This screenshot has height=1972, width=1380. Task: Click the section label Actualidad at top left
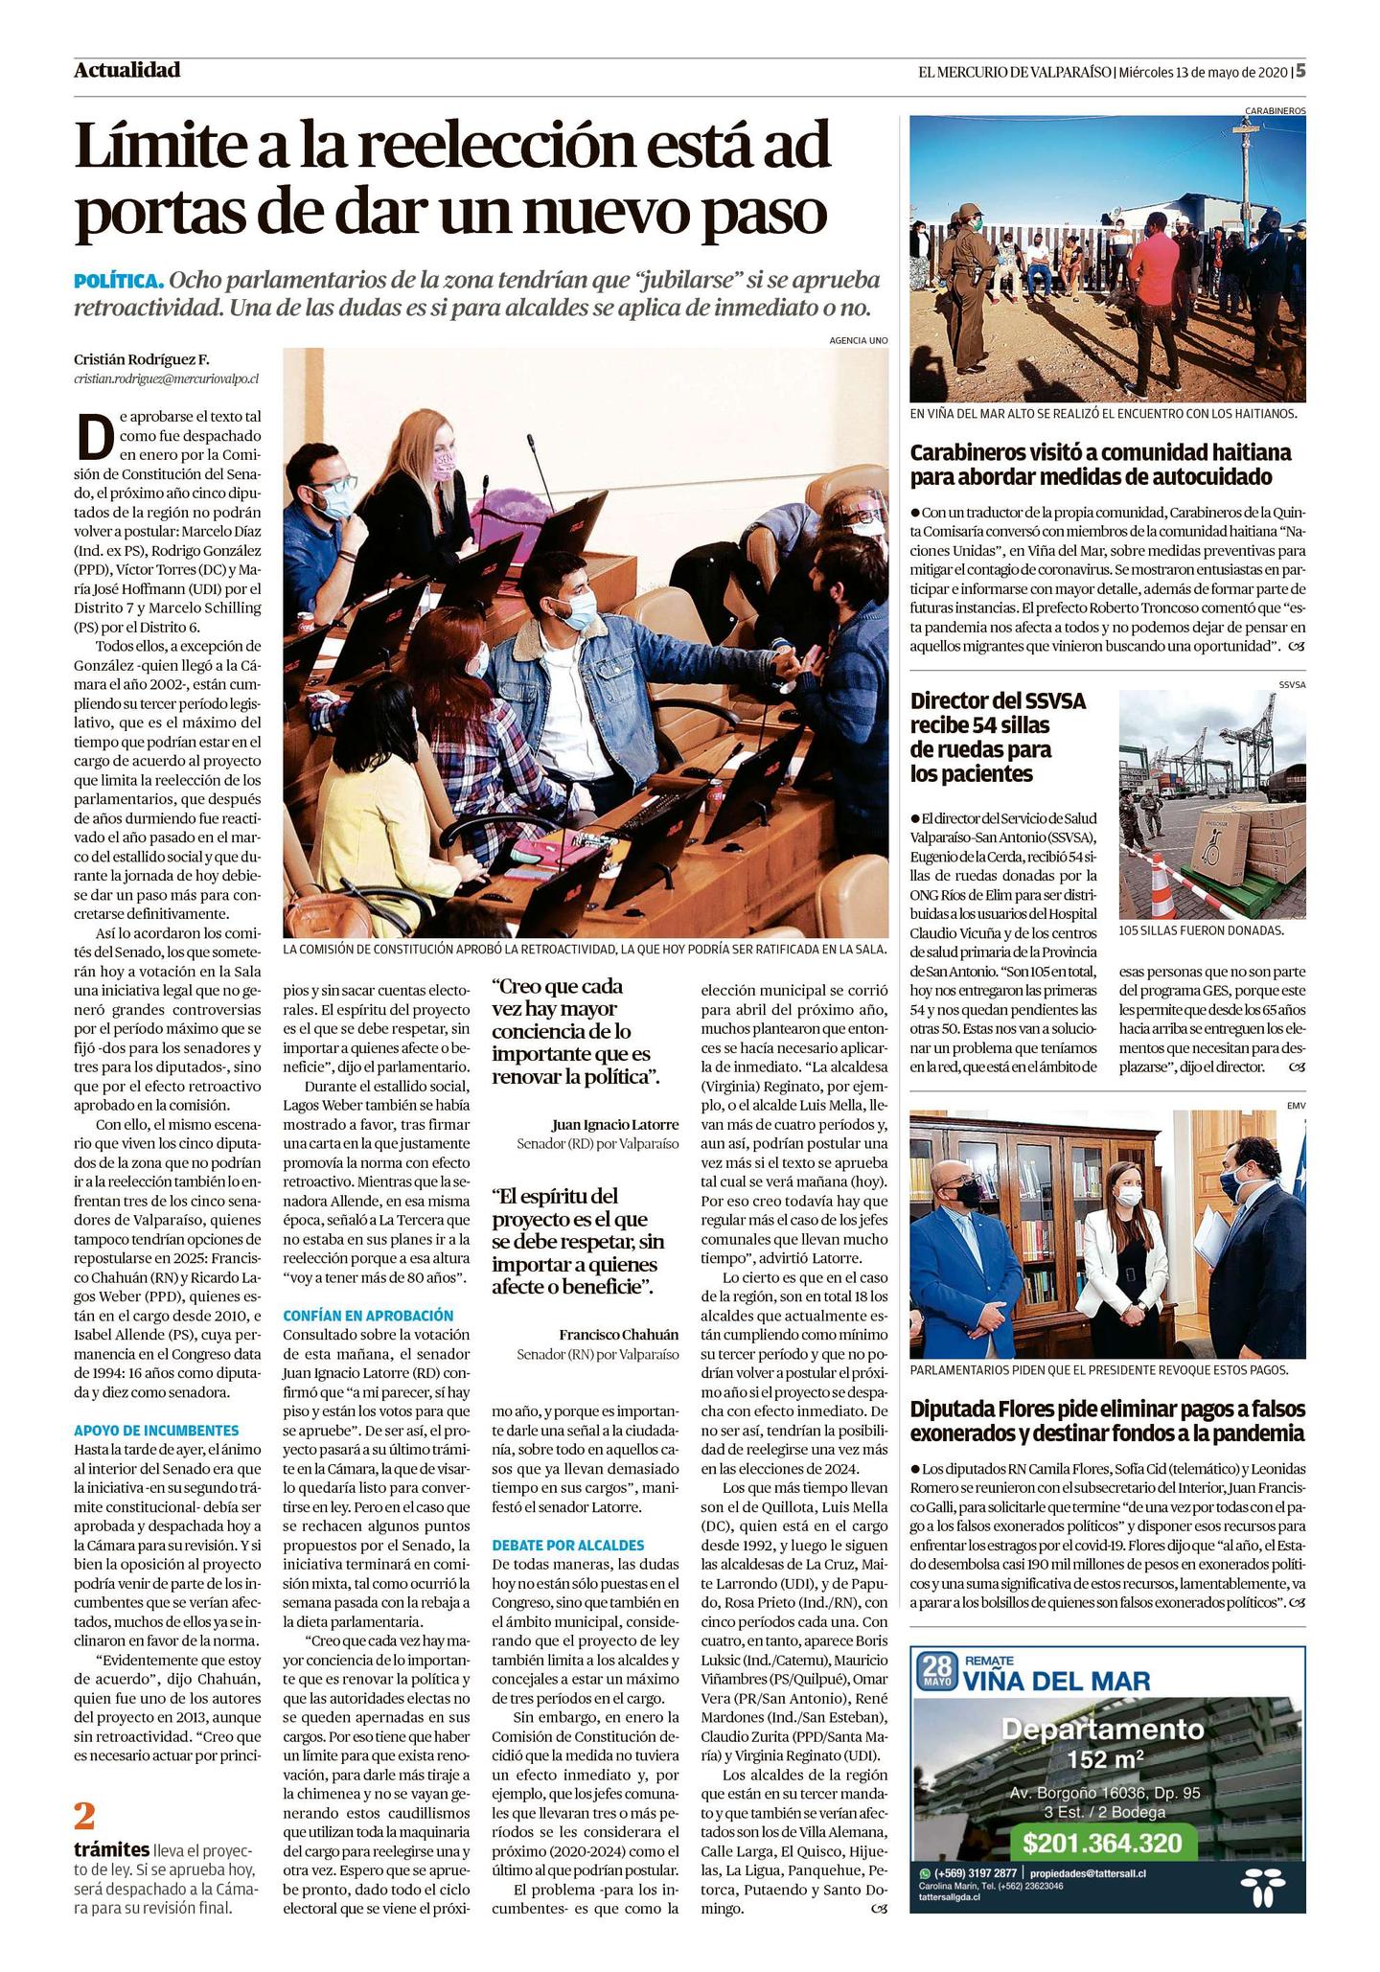tap(126, 70)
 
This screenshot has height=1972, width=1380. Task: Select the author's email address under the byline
tap(166, 378)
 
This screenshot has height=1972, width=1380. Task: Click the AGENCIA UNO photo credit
tap(859, 339)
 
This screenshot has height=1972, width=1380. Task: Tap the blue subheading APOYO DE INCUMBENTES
tap(155, 1431)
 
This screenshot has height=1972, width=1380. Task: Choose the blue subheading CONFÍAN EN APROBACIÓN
tap(368, 1316)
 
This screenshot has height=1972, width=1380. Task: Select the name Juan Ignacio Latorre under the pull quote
tap(615, 1124)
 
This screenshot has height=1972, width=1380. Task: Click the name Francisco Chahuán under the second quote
tap(618, 1335)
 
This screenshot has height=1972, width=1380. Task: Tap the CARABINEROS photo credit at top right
tap(1275, 110)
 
